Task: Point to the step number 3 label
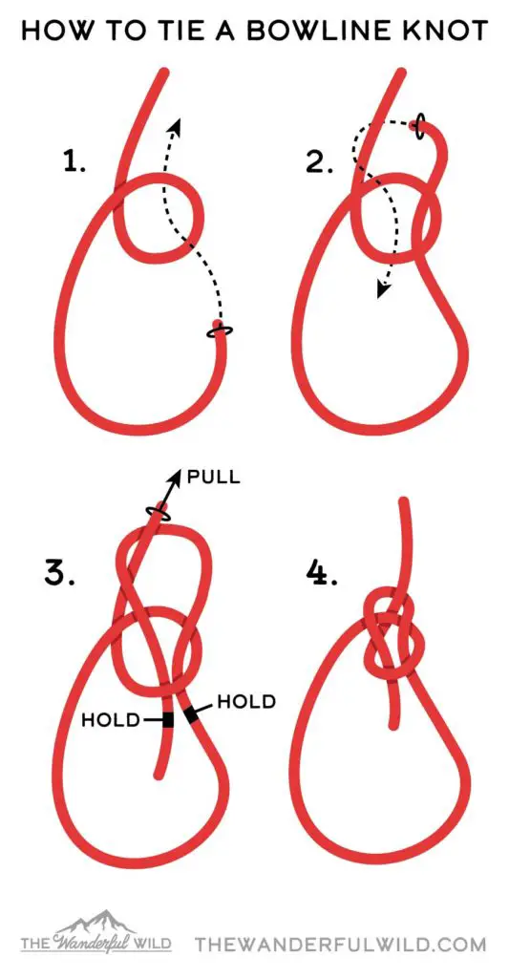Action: coord(59,573)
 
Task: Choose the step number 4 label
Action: coord(322,573)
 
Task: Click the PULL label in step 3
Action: coord(213,478)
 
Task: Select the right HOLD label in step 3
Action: coord(246,702)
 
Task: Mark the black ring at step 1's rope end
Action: coord(219,331)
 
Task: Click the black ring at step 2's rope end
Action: coord(419,127)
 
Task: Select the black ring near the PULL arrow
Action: coord(159,513)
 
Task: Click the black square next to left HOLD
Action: coord(167,720)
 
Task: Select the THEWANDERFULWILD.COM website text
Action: coord(340,943)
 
